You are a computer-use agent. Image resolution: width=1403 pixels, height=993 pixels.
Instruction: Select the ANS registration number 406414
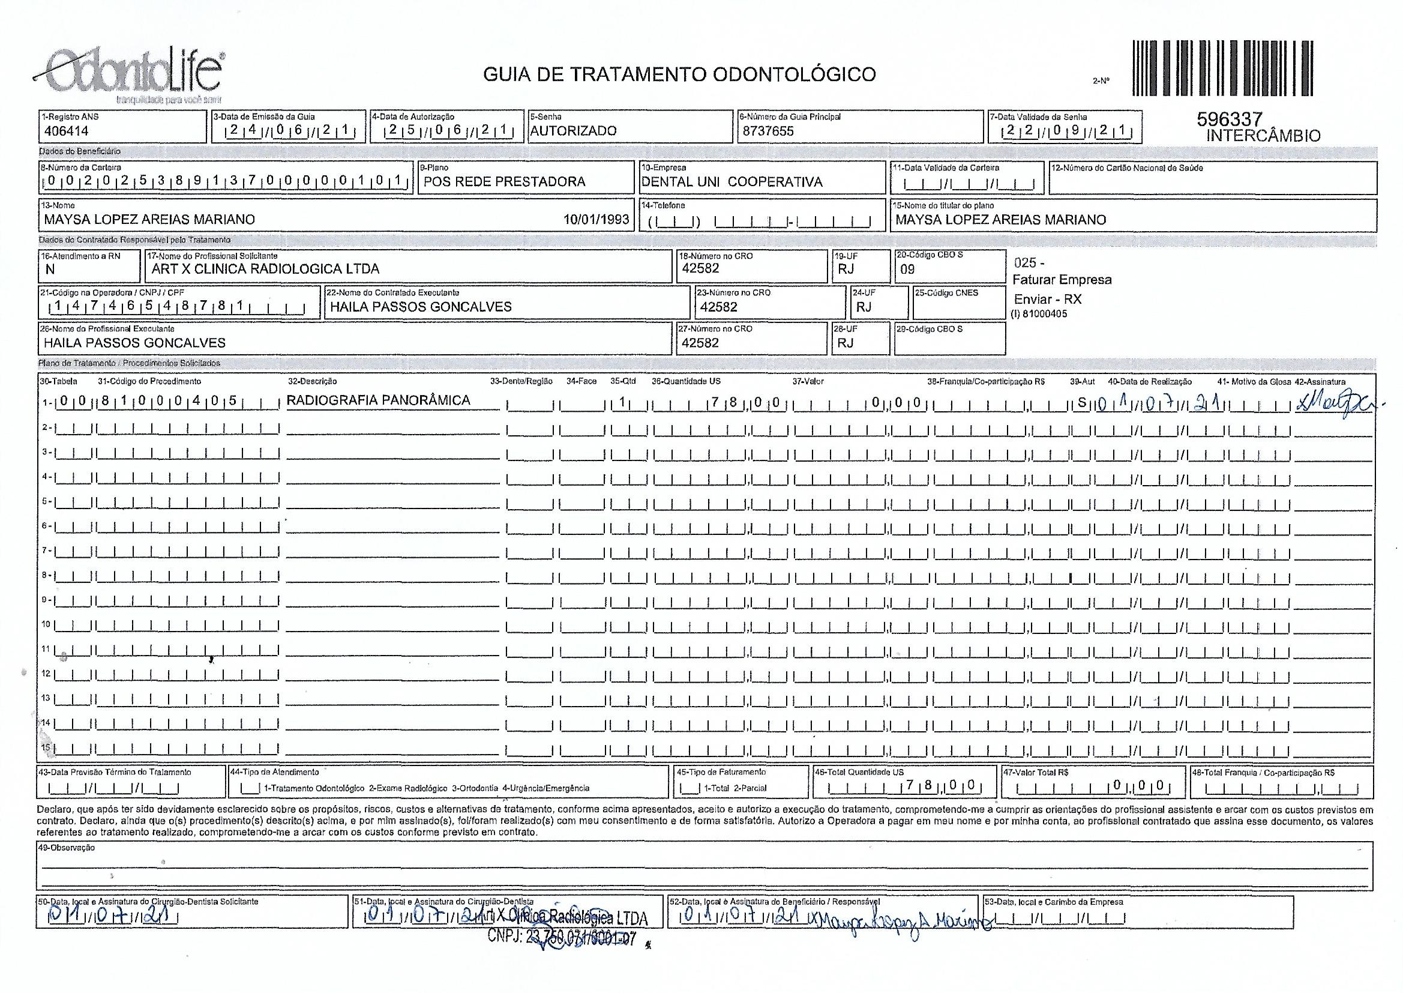(x=67, y=131)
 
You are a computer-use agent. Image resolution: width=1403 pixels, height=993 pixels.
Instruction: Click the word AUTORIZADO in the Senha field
(x=573, y=131)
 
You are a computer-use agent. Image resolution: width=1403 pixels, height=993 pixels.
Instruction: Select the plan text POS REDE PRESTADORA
(x=504, y=181)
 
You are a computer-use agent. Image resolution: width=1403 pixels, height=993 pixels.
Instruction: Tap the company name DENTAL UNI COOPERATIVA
(x=732, y=181)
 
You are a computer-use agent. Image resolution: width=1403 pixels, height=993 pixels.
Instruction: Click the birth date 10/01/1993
(x=596, y=220)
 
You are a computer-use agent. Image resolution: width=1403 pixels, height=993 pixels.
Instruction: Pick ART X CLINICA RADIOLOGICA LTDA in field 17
(x=265, y=269)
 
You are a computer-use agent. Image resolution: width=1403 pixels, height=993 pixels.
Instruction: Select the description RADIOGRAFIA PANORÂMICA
(x=378, y=400)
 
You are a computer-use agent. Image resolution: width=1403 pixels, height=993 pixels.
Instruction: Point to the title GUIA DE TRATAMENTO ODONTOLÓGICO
(x=679, y=74)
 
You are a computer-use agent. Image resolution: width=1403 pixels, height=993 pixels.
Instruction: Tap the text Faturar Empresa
(x=1062, y=280)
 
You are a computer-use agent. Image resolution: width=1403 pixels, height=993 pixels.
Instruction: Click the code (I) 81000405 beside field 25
(x=1039, y=314)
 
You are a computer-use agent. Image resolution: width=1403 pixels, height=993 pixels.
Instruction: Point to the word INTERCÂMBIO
(x=1263, y=136)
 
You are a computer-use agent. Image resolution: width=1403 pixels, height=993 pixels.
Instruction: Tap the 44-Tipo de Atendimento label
(x=274, y=772)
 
